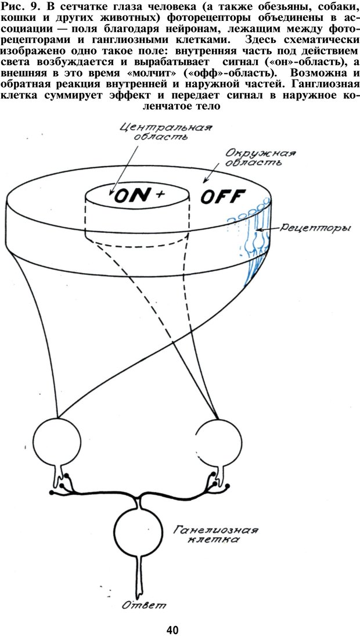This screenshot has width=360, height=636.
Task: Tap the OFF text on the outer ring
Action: click(x=223, y=197)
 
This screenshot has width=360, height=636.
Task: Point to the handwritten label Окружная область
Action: click(x=260, y=158)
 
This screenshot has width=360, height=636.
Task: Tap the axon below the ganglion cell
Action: click(x=138, y=575)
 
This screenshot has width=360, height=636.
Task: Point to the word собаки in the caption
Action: click(x=333, y=8)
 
